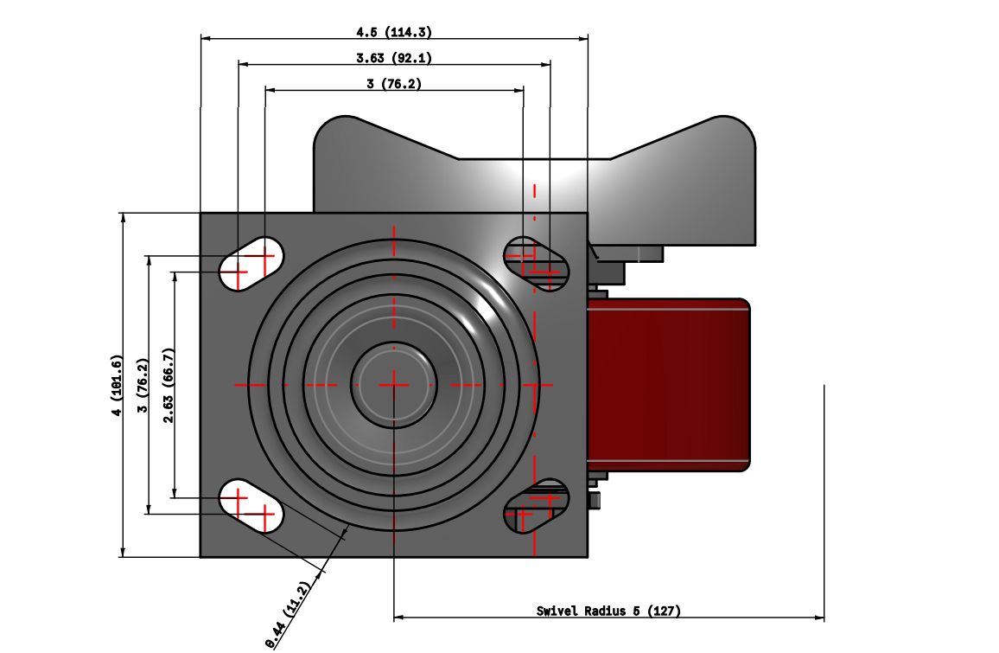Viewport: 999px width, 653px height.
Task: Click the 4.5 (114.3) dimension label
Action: [x=394, y=32]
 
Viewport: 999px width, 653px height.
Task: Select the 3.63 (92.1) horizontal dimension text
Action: [x=394, y=58]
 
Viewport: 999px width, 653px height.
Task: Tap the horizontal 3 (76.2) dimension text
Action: [x=394, y=84]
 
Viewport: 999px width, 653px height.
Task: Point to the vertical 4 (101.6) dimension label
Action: [x=117, y=384]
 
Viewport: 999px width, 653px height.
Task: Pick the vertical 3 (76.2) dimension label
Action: [x=143, y=384]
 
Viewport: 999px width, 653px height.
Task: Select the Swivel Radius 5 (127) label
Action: [x=608, y=611]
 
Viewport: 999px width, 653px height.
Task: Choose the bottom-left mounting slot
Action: [x=251, y=506]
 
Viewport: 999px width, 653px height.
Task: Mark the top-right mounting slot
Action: [x=537, y=263]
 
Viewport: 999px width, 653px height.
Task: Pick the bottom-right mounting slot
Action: [x=537, y=506]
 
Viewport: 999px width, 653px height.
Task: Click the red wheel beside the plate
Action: [x=667, y=384]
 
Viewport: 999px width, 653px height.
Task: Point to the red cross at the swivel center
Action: [x=393, y=382]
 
